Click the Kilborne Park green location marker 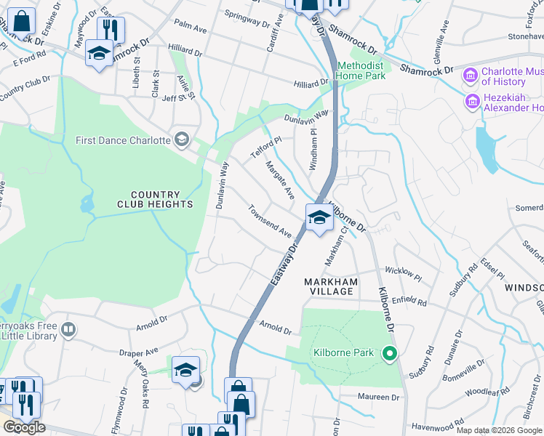pyautogui.click(x=389, y=354)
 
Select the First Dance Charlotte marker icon pyautogui.click(x=181, y=140)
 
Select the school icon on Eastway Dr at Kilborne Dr pyautogui.click(x=319, y=217)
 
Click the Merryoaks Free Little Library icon pyautogui.click(x=68, y=331)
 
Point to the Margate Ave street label pyautogui.click(x=279, y=181)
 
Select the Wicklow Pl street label pyautogui.click(x=403, y=274)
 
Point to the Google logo pyautogui.click(x=24, y=427)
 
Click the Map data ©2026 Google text pyautogui.click(x=499, y=430)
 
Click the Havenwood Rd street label pyautogui.click(x=437, y=423)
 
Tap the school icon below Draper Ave pyautogui.click(x=185, y=370)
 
